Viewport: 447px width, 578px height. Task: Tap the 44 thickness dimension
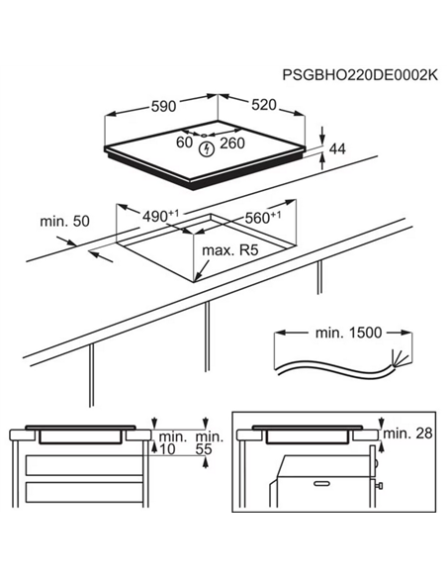click(337, 149)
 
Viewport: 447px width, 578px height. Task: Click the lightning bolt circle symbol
click(206, 148)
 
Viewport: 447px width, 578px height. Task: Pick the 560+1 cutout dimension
click(261, 217)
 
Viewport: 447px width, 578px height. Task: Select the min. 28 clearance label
click(407, 433)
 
